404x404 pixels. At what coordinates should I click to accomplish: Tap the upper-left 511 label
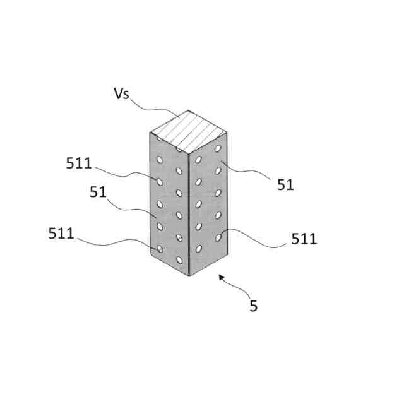pyautogui.click(x=79, y=163)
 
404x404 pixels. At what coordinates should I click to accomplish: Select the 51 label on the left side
pyautogui.click(x=98, y=193)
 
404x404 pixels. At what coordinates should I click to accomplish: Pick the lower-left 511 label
pyautogui.click(x=62, y=233)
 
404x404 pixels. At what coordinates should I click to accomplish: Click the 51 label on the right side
pyautogui.click(x=285, y=184)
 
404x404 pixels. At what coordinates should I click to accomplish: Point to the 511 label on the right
pyautogui.click(x=304, y=239)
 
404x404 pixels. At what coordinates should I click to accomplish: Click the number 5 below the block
pyautogui.click(x=253, y=307)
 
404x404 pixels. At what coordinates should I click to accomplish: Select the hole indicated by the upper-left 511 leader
pyautogui.click(x=160, y=182)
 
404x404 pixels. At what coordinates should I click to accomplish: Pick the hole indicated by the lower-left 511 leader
pyautogui.click(x=160, y=249)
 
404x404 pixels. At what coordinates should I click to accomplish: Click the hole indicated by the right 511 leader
pyautogui.click(x=218, y=237)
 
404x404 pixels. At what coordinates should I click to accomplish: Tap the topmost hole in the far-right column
pyautogui.click(x=218, y=149)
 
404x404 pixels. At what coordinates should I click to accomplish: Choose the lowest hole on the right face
pyautogui.click(x=199, y=249)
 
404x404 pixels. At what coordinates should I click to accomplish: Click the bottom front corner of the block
pyautogui.click(x=189, y=276)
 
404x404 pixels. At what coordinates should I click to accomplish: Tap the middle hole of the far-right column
pyautogui.click(x=218, y=193)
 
